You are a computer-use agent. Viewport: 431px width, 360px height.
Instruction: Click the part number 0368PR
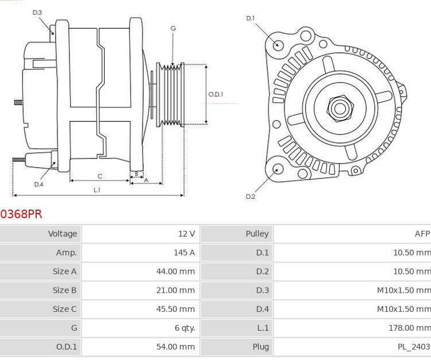tap(21, 214)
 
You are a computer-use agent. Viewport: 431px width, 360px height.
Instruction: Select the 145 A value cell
tap(183, 253)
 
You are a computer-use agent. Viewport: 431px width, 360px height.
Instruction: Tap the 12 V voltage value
tap(187, 234)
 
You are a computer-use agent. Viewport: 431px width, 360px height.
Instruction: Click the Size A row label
tap(64, 272)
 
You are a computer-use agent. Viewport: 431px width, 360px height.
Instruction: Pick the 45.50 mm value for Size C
tap(175, 309)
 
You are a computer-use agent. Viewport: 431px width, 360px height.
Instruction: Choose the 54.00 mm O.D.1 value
tap(175, 347)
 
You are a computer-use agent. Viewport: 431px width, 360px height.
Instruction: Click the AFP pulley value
tap(422, 234)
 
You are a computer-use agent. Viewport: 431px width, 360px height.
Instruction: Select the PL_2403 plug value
tap(413, 347)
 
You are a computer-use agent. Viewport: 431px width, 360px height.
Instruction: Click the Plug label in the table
tap(260, 347)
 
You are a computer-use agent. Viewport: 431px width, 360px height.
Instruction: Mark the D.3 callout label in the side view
tap(37, 12)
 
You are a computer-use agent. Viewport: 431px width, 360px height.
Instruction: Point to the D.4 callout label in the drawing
tap(39, 184)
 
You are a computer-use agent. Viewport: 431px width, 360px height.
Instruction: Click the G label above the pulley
tap(172, 28)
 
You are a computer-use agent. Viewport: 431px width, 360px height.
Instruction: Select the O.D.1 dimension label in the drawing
tap(215, 94)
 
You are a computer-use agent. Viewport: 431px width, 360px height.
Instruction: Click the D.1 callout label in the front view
tap(251, 18)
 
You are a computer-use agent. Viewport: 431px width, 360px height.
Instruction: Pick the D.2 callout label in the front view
tap(251, 196)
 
